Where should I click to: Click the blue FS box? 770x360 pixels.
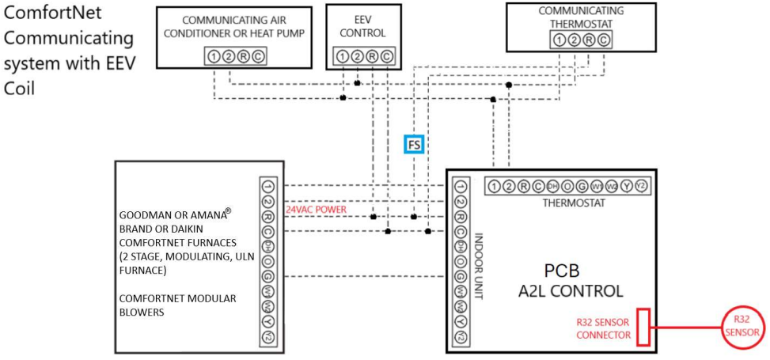click(414, 144)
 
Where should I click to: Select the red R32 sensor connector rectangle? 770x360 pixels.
click(643, 327)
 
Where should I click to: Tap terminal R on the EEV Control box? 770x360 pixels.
click(371, 56)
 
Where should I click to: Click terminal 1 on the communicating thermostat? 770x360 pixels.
click(559, 40)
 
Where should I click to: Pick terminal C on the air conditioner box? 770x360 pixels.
click(258, 56)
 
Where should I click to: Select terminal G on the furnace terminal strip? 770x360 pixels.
click(267, 277)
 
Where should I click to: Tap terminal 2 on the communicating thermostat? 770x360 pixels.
click(574, 40)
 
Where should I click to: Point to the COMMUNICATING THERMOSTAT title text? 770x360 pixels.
click(581, 17)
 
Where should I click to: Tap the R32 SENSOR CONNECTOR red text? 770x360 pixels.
click(603, 328)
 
